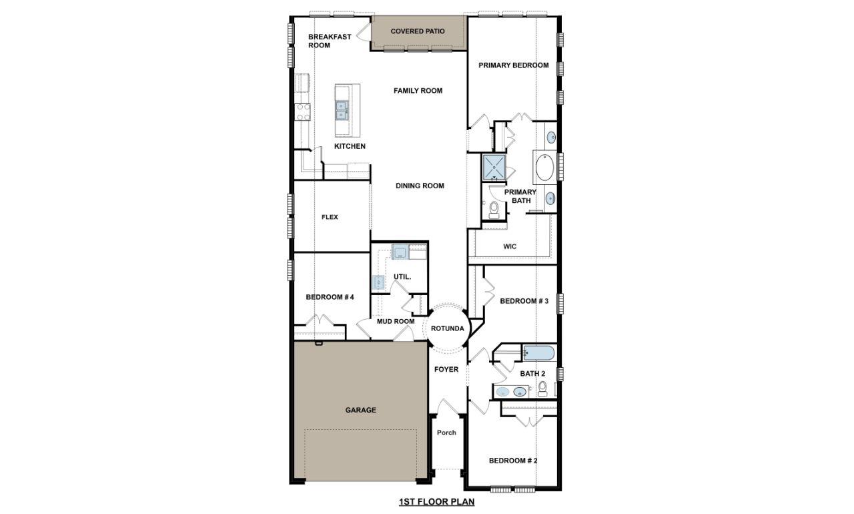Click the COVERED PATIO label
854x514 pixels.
pyautogui.click(x=418, y=31)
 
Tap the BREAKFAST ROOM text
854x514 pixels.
pyautogui.click(x=329, y=41)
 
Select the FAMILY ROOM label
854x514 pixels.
pyautogui.click(x=418, y=91)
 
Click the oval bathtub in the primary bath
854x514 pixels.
pyautogui.click(x=544, y=168)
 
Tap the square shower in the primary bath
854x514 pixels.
pyautogui.click(x=494, y=168)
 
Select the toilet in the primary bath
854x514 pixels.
pyautogui.click(x=494, y=210)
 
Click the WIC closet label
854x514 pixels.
pyautogui.click(x=510, y=246)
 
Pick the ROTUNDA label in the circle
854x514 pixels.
pyautogui.click(x=447, y=328)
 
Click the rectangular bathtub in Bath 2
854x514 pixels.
pyautogui.click(x=539, y=352)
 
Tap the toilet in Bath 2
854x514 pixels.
pyautogui.click(x=542, y=389)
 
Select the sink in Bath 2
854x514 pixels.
pyautogui.click(x=519, y=392)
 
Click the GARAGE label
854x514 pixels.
pyautogui.click(x=360, y=410)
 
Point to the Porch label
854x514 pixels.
pyautogui.click(x=446, y=433)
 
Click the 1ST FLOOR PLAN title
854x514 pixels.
pyautogui.click(x=436, y=502)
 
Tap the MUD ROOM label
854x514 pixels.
pyautogui.click(x=396, y=322)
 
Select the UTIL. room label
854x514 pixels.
pyautogui.click(x=402, y=276)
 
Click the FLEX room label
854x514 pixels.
pyautogui.click(x=330, y=217)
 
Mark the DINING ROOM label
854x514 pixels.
pyautogui.click(x=420, y=186)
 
